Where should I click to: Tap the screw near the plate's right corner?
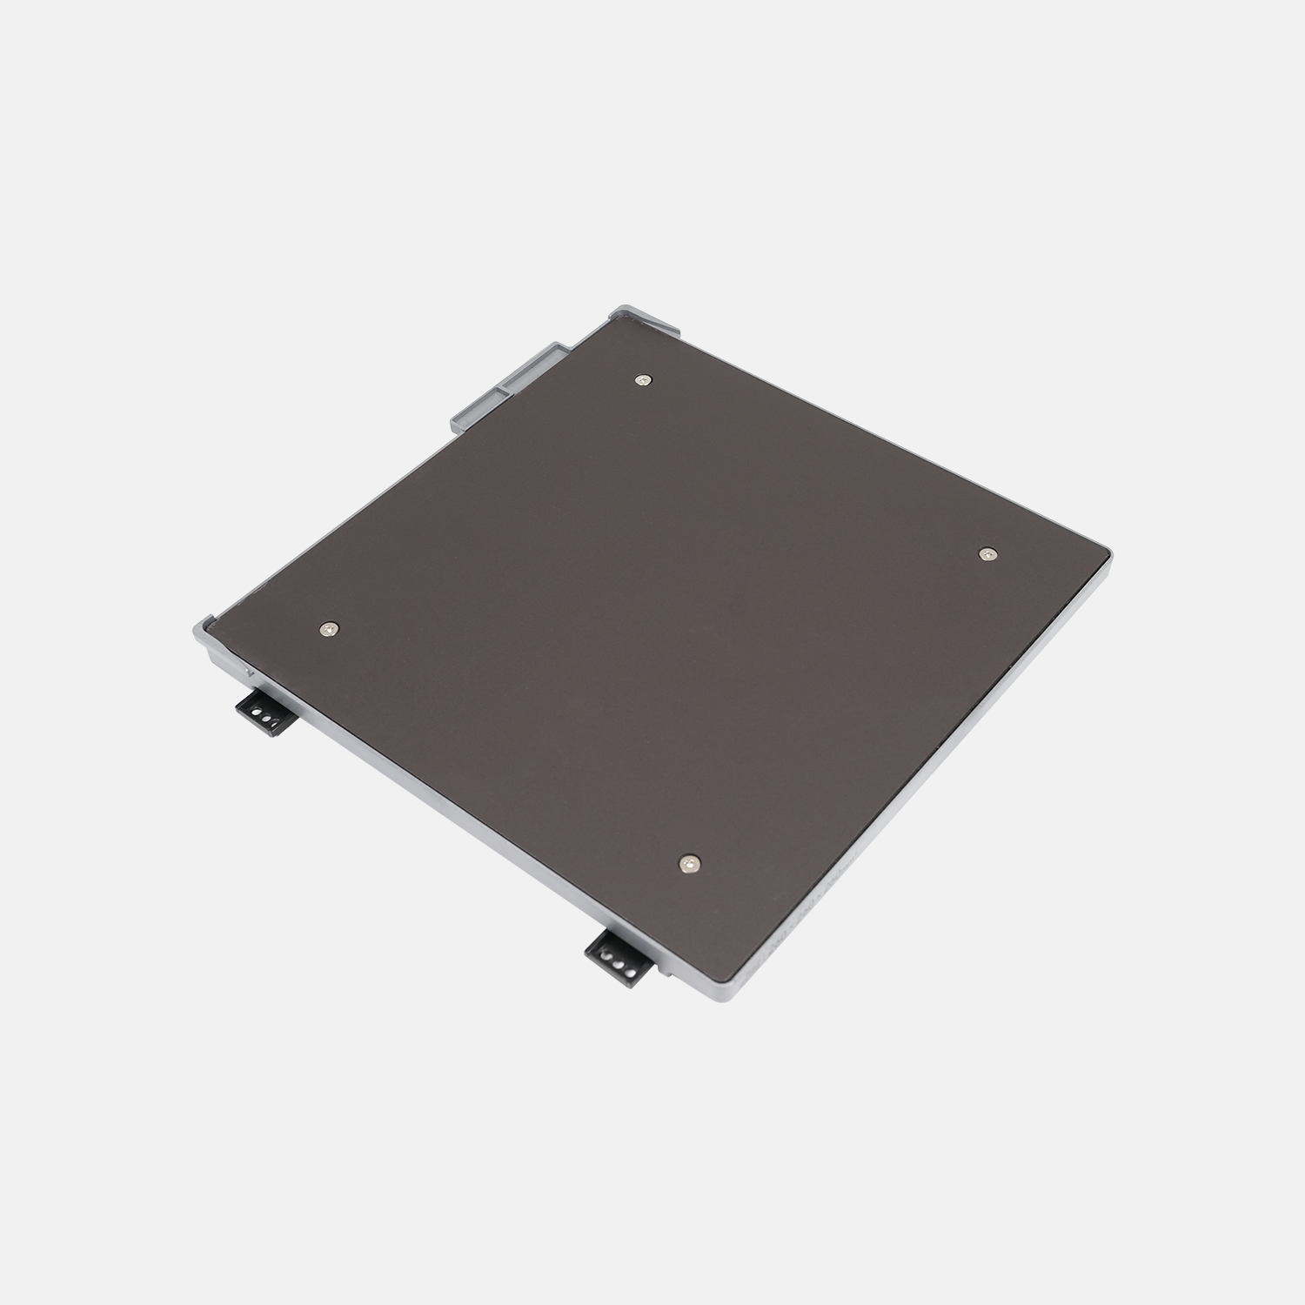click(x=986, y=553)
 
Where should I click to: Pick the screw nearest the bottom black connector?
click(x=689, y=861)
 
